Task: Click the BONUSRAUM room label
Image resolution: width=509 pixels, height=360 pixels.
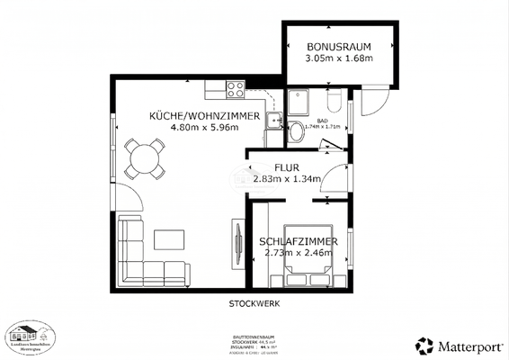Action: pos(340,47)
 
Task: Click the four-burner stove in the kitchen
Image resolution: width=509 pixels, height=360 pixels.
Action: pos(236,89)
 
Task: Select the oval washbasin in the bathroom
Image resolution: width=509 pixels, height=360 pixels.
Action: pos(297,134)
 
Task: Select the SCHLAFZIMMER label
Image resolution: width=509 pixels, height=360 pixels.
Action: pos(298,242)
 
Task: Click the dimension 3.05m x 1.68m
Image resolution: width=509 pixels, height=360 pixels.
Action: pos(339,59)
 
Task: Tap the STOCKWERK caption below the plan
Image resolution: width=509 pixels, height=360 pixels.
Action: pos(254,303)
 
